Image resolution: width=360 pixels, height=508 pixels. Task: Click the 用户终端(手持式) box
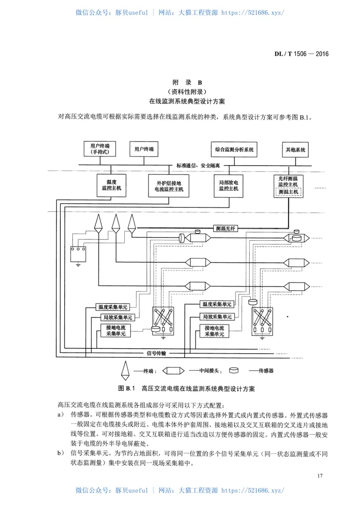(99, 149)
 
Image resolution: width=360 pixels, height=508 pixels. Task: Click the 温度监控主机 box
(108, 185)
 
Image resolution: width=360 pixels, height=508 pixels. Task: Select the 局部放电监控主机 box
(228, 185)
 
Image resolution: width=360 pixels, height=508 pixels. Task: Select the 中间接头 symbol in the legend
(173, 371)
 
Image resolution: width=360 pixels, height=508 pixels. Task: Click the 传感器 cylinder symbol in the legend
(234, 371)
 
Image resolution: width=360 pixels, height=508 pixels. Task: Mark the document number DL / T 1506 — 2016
(301, 54)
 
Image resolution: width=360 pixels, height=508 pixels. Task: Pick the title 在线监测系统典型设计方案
(188, 102)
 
